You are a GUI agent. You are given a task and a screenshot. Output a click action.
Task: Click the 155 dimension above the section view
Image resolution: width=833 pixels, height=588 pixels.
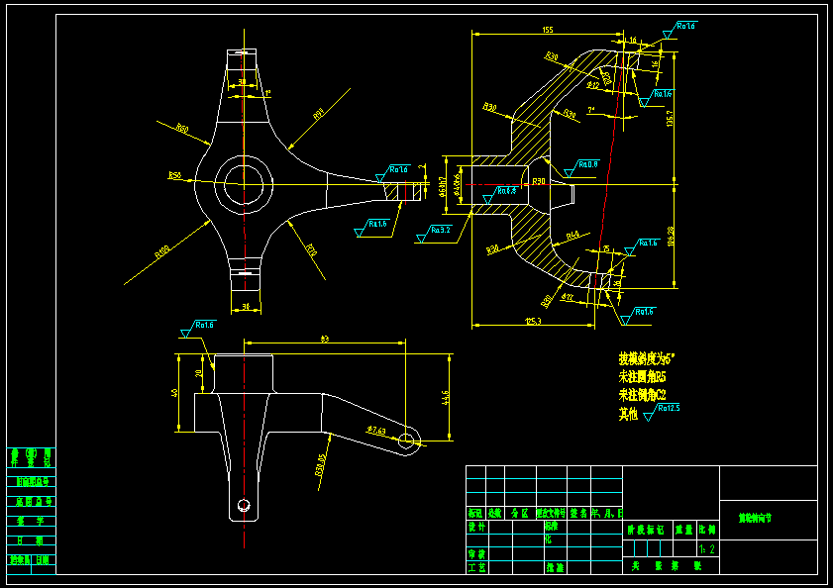[548, 30]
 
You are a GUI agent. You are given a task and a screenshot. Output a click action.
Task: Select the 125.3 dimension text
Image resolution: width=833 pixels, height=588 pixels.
[534, 320]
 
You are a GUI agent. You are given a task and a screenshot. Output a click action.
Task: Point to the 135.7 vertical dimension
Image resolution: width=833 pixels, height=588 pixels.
[671, 121]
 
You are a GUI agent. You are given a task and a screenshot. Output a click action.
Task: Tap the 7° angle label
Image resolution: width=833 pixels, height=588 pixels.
[590, 109]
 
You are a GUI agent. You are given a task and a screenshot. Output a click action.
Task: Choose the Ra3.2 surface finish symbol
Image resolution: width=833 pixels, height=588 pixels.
[440, 230]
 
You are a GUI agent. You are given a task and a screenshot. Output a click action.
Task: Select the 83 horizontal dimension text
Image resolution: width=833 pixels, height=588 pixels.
[325, 340]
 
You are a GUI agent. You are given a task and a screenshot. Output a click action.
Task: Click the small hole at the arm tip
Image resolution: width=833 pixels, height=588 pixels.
[406, 441]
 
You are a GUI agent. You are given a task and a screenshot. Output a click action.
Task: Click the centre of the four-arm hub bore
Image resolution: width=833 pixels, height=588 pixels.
[244, 183]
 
